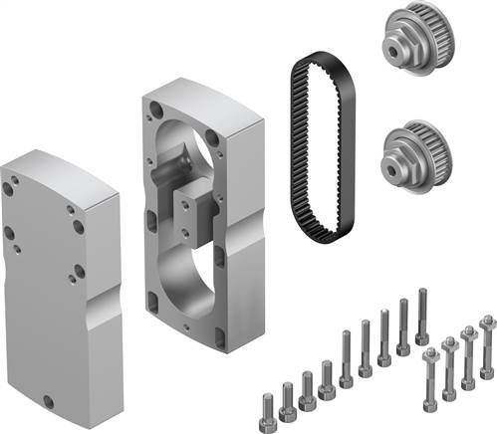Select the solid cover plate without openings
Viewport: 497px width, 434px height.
[60, 269]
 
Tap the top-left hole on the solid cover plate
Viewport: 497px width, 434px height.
[9, 187]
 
